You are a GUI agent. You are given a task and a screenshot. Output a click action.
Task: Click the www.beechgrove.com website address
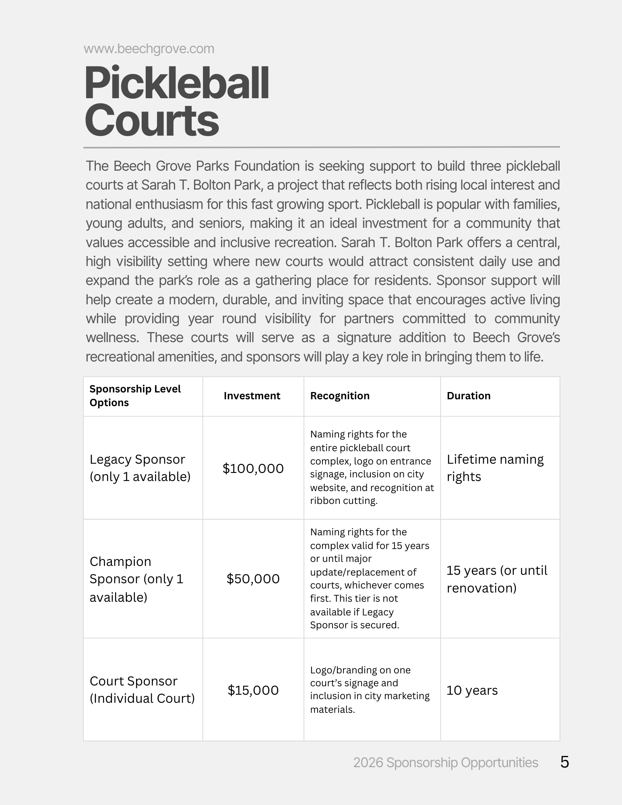pyautogui.click(x=149, y=49)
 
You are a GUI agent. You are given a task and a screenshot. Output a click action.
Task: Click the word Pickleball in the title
pyautogui.click(x=177, y=84)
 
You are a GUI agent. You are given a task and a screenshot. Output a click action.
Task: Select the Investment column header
pyautogui.click(x=252, y=396)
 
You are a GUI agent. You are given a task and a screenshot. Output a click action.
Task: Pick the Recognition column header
pyautogui.click(x=339, y=396)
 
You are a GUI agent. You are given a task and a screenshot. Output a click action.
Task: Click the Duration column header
pyautogui.click(x=468, y=396)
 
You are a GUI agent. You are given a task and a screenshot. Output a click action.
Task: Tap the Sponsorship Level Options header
pyautogui.click(x=135, y=396)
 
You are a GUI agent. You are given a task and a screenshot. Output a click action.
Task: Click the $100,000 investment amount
pyautogui.click(x=253, y=469)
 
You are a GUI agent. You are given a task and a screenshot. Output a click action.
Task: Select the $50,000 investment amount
pyautogui.click(x=253, y=579)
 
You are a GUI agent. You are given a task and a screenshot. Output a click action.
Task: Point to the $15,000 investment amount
pyautogui.click(x=253, y=690)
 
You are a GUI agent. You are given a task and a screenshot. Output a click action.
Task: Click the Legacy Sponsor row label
pyautogui.click(x=139, y=468)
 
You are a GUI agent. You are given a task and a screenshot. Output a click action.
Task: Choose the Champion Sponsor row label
pyautogui.click(x=136, y=579)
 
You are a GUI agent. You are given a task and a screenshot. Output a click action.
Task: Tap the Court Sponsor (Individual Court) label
pyautogui.click(x=142, y=690)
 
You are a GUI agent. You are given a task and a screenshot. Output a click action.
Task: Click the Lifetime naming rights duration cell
pyautogui.click(x=495, y=468)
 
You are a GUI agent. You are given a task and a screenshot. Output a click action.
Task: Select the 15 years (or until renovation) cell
pyautogui.click(x=496, y=579)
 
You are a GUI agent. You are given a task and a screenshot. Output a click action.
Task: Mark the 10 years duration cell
pyautogui.click(x=472, y=690)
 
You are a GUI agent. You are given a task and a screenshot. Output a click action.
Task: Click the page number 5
pyautogui.click(x=564, y=762)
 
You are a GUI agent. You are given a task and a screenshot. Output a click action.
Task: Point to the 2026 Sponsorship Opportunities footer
pyautogui.click(x=445, y=763)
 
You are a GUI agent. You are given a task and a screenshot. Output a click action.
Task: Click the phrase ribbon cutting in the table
pyautogui.click(x=343, y=501)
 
